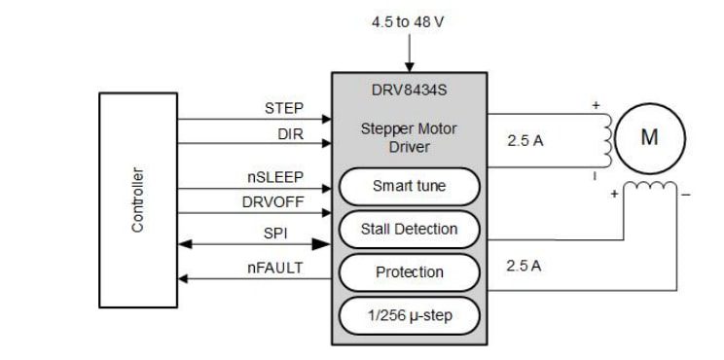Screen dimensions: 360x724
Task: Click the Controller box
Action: click(138, 199)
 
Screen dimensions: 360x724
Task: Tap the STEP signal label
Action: click(284, 108)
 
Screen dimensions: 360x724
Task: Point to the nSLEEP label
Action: click(274, 177)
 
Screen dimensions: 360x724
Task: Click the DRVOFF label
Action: click(273, 202)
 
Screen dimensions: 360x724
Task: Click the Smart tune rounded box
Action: click(409, 186)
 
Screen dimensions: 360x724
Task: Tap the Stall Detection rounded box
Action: click(409, 230)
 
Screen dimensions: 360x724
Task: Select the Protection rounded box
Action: click(409, 272)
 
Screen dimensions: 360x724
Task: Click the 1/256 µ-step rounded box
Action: click(409, 315)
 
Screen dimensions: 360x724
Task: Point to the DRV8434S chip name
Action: click(410, 89)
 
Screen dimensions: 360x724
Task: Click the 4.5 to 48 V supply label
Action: click(409, 21)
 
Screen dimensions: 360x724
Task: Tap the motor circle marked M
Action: click(649, 137)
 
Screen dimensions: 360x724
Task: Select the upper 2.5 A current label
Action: click(525, 140)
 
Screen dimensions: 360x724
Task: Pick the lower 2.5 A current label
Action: click(525, 265)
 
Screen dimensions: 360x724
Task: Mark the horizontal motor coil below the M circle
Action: click(649, 188)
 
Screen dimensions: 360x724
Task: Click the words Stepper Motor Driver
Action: click(409, 137)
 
